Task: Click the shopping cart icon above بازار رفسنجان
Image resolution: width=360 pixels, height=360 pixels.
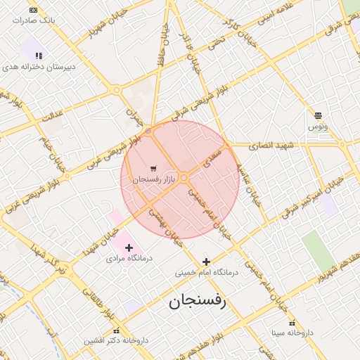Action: (x=153, y=169)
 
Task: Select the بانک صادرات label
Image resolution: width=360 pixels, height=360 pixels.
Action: (x=33, y=21)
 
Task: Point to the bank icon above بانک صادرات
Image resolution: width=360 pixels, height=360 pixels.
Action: (x=33, y=10)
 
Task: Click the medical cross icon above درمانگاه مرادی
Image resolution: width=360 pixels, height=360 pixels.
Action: (x=129, y=247)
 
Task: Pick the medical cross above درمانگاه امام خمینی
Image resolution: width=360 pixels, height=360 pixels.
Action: (x=206, y=262)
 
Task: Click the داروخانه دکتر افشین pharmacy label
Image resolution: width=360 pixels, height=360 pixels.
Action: (x=116, y=341)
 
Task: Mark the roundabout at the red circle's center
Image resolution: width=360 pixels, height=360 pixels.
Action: (x=183, y=179)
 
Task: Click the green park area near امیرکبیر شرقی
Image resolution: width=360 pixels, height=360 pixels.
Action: (x=319, y=250)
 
